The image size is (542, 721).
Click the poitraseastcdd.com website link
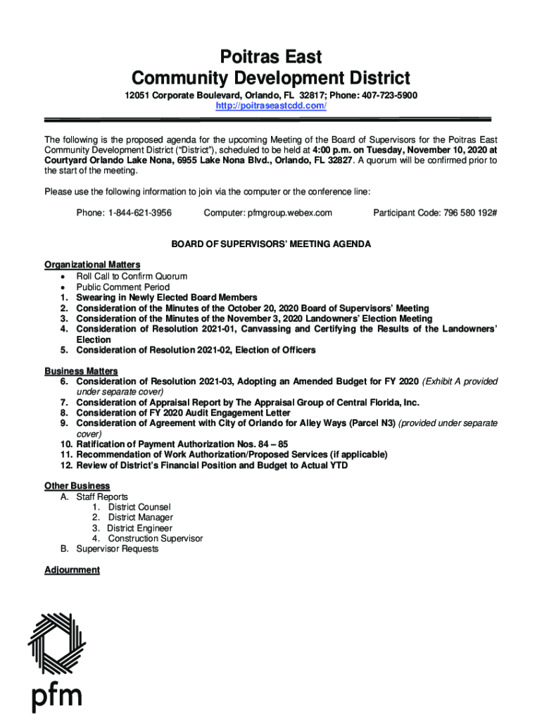270,106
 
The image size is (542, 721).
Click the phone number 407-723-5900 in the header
391,95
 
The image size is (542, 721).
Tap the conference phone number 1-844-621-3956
139,213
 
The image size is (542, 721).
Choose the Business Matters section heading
81,371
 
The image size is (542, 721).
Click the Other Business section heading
77,486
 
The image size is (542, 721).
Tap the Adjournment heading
72,570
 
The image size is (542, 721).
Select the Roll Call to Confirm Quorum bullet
132,277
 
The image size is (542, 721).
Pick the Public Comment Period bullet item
122,287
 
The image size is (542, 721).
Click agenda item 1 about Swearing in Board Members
166,298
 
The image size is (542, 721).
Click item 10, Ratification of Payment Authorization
182,444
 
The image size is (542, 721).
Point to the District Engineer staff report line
139,528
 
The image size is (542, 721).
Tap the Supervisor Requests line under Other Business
117,548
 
